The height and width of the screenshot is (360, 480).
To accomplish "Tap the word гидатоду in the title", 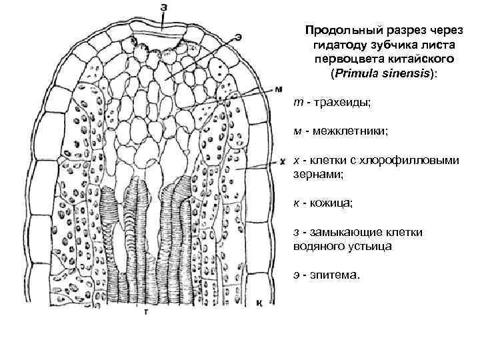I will tap(337, 45).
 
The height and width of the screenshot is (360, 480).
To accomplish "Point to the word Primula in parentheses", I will tap(359, 73).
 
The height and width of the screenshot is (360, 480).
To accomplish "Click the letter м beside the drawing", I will tap(279, 89).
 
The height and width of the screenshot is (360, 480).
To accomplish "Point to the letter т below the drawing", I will tap(145, 311).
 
